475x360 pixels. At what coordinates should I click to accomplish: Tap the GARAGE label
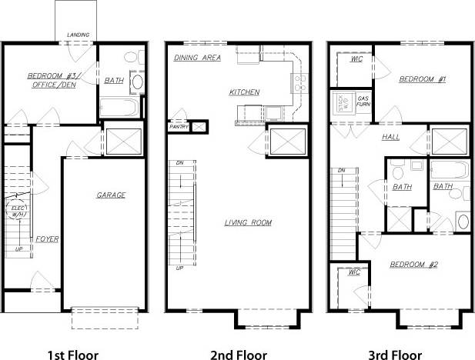(111, 195)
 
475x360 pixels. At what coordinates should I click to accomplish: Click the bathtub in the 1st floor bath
(119, 106)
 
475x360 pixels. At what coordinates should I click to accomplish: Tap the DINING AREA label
(198, 58)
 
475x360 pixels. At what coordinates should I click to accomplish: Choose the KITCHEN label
(244, 92)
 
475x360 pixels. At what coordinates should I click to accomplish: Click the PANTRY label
(179, 126)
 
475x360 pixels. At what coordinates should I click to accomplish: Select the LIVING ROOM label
(248, 223)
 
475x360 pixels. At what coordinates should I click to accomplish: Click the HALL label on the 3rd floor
(390, 137)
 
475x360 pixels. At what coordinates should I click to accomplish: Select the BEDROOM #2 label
(413, 265)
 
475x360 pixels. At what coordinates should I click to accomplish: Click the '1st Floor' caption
(73, 355)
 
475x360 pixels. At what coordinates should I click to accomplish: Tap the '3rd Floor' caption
(396, 355)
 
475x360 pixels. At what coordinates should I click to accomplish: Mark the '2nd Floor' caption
(238, 355)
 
